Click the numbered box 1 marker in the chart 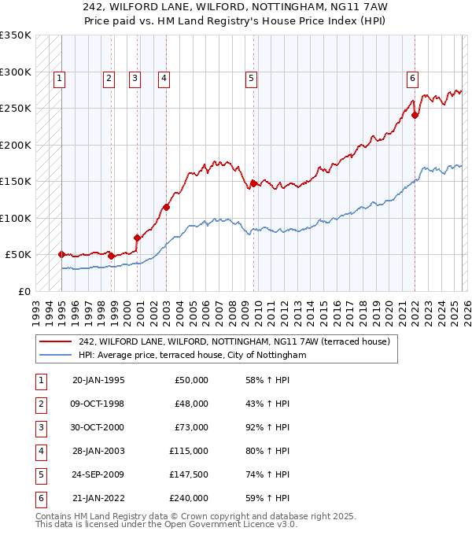(60, 78)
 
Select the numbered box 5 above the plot (251, 78)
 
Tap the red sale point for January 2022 (415, 115)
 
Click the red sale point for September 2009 (253, 183)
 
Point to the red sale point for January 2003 (166, 208)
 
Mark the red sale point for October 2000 (137, 238)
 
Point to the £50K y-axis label (18, 255)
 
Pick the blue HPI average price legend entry (191, 356)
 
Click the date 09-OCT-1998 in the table (98, 404)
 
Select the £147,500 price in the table (189, 474)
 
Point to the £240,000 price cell (189, 498)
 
